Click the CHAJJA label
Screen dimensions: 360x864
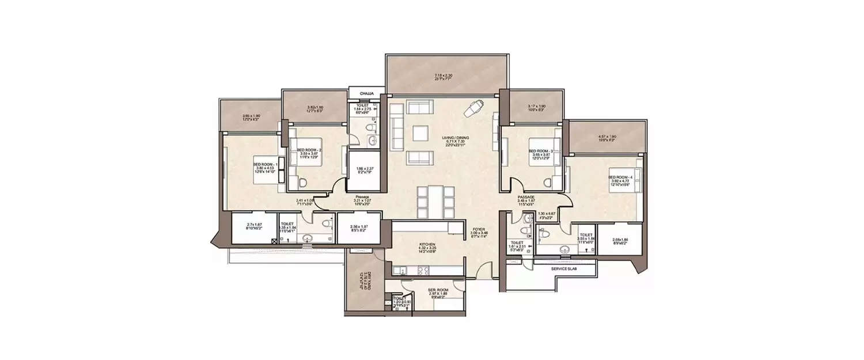click(x=367, y=93)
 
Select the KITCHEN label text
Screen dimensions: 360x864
click(x=427, y=244)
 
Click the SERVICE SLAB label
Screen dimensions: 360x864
click(x=564, y=269)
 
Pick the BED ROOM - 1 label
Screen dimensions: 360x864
click(x=266, y=164)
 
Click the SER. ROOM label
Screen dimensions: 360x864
click(x=427, y=290)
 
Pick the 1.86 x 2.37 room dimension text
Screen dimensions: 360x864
click(x=365, y=169)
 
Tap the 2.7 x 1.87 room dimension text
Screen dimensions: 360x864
click(x=255, y=225)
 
